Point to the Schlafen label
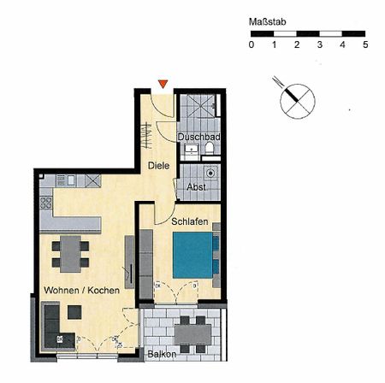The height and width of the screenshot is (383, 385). [x=190, y=222]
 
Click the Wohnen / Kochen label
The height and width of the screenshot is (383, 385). [x=75, y=291]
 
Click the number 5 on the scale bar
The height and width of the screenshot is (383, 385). [x=365, y=44]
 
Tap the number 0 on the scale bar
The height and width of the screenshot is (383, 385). [x=251, y=44]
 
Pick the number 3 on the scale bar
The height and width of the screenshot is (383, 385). [x=319, y=44]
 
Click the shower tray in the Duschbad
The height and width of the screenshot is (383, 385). [x=198, y=107]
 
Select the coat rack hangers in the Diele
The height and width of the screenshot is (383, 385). [x=145, y=137]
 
